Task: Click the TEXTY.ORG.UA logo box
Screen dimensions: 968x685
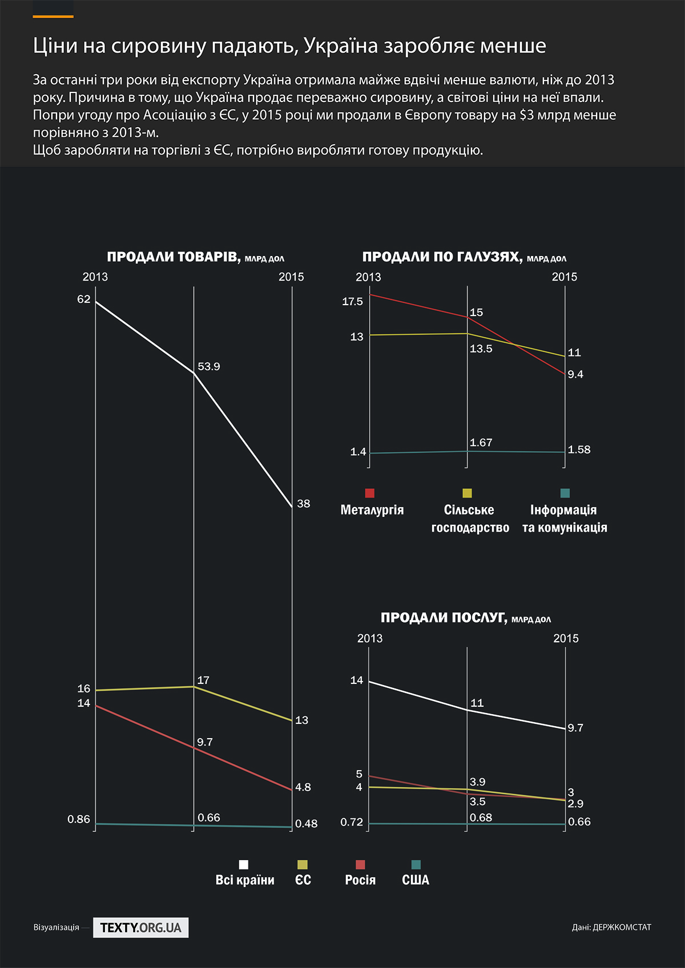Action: click(x=140, y=928)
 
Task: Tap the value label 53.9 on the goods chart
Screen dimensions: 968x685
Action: click(x=209, y=367)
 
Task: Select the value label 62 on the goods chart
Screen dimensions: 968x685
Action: click(x=84, y=299)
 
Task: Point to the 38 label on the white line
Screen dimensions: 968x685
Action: click(x=303, y=504)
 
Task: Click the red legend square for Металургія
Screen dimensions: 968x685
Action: click(x=370, y=493)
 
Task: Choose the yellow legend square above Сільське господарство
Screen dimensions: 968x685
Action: click(x=468, y=493)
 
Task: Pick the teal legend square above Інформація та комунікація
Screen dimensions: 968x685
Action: click(x=565, y=493)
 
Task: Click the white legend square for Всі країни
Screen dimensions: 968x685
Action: click(x=244, y=865)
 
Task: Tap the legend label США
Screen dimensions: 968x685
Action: click(x=416, y=880)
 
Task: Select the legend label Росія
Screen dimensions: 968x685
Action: click(x=360, y=880)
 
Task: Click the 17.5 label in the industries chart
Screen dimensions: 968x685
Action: click(x=352, y=302)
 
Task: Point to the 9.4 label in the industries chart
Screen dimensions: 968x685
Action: click(x=575, y=375)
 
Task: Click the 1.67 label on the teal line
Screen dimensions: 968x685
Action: click(x=481, y=443)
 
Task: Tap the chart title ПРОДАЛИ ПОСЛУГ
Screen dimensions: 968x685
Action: click(x=444, y=618)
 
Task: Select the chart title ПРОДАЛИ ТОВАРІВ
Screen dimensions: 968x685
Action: click(x=173, y=257)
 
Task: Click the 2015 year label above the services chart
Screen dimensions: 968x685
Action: click(x=566, y=638)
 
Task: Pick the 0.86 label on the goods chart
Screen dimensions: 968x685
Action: click(x=79, y=820)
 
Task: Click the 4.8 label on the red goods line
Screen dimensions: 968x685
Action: click(x=303, y=788)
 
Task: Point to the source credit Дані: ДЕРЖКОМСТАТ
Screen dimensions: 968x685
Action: click(x=611, y=928)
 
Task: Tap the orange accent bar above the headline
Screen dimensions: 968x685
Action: click(x=53, y=17)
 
